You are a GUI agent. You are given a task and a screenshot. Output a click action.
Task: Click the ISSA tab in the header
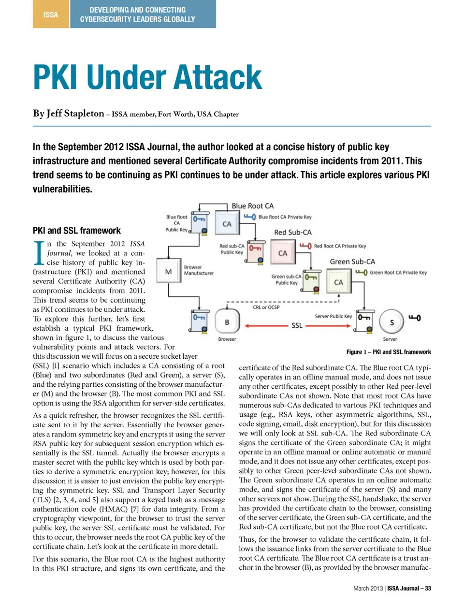[x=51, y=14]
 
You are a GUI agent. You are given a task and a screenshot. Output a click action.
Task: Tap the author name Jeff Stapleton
[x=75, y=113]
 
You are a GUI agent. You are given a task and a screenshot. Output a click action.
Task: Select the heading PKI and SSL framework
[x=77, y=231]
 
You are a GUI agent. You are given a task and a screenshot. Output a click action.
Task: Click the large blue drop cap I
[x=39, y=253]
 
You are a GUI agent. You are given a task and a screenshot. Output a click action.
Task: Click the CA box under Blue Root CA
[x=227, y=224]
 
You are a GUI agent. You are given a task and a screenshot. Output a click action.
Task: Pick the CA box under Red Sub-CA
[x=283, y=253]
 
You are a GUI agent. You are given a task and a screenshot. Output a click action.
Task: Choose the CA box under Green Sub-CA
[x=339, y=282]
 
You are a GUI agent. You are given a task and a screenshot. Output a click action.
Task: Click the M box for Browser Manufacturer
[x=168, y=272]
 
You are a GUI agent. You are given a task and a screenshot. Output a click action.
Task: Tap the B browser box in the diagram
[x=227, y=322]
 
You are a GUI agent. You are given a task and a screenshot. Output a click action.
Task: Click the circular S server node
[x=391, y=322]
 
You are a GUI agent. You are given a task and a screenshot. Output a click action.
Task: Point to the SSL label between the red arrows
[x=297, y=326]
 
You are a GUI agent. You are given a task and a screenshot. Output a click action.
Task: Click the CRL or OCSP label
[x=266, y=307]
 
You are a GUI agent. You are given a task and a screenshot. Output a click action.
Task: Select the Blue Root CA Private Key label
[x=285, y=217]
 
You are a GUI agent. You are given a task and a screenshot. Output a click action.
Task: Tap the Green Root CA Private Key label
[x=398, y=273]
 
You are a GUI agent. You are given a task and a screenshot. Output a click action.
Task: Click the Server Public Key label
[x=333, y=316]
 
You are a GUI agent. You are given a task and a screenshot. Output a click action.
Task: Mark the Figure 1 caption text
[x=389, y=352]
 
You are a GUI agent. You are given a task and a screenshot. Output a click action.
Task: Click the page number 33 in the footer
[x=428, y=588]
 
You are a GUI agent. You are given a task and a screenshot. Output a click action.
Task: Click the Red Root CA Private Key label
[x=340, y=246]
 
